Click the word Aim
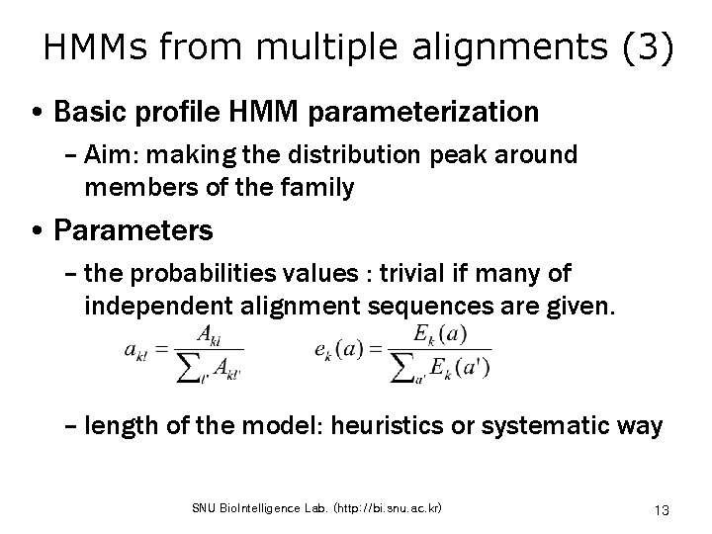(x=109, y=155)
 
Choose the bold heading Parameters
(x=133, y=231)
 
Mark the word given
(x=584, y=305)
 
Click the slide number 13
(x=663, y=509)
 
